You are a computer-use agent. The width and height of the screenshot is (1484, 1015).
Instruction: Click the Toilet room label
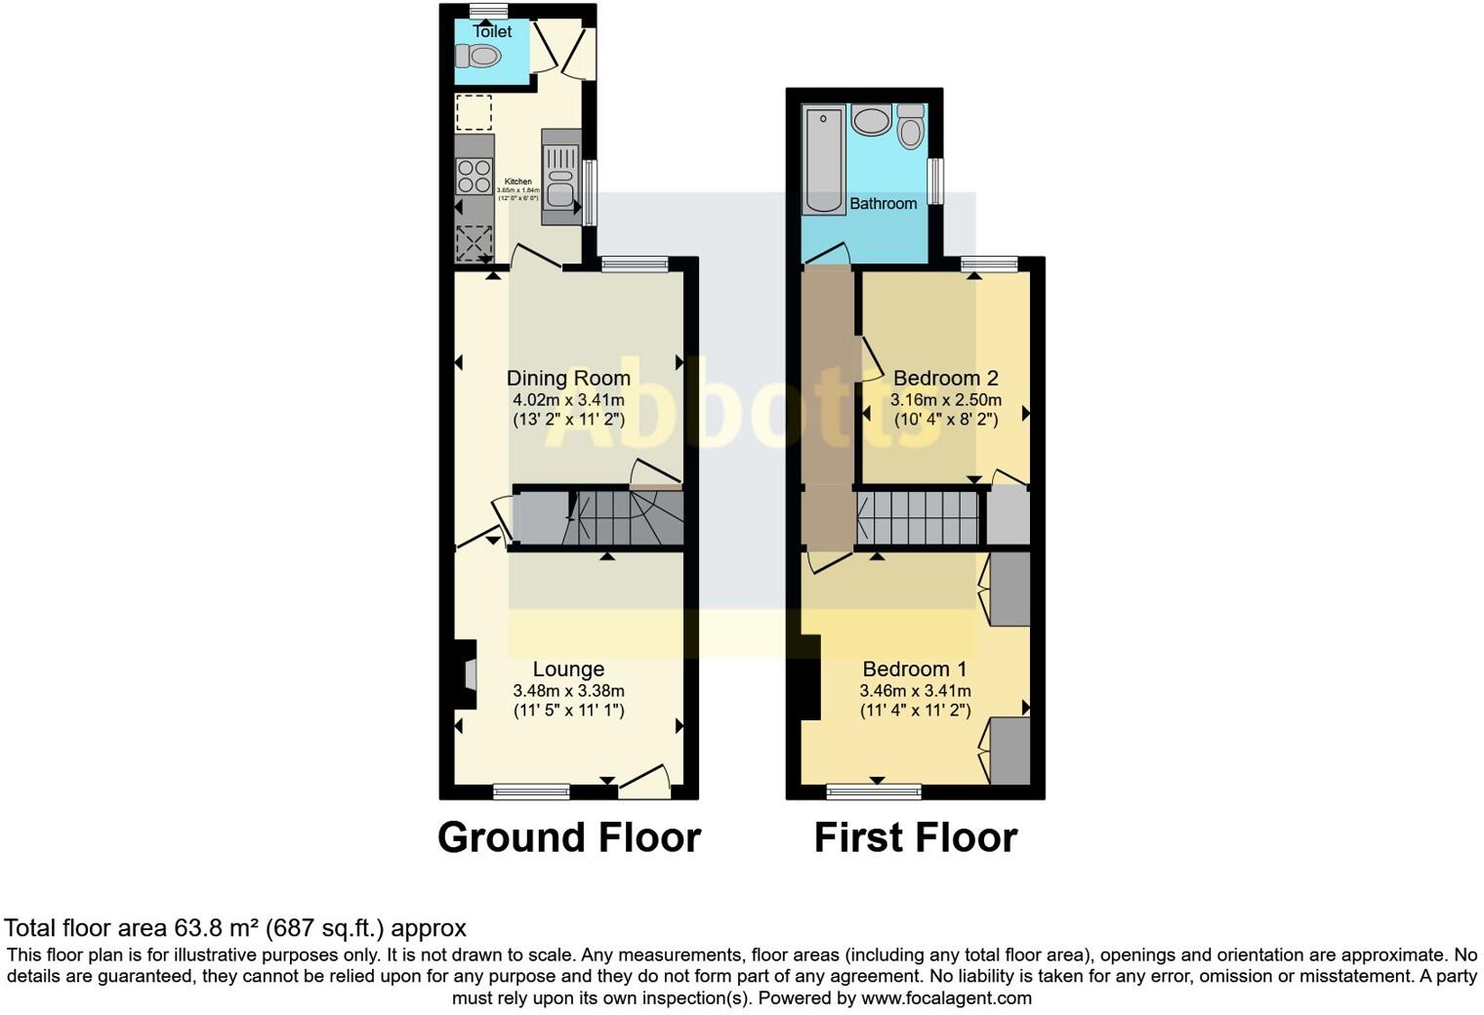tap(492, 31)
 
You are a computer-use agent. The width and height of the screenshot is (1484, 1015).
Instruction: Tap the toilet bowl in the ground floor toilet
tap(478, 58)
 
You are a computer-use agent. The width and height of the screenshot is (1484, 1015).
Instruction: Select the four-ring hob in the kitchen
tap(474, 176)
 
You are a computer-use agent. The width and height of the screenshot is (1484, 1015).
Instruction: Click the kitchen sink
tap(560, 187)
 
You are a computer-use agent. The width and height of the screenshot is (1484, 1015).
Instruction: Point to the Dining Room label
tap(568, 378)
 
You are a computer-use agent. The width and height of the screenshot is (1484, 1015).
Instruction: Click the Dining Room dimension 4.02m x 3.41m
tap(568, 399)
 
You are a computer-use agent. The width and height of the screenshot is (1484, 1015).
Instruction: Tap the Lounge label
tap(568, 669)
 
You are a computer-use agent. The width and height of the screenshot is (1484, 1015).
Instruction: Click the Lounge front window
tap(531, 791)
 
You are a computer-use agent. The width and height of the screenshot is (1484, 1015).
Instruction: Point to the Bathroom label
tap(883, 203)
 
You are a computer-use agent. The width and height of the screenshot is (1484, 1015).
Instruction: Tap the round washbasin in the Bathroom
tap(870, 121)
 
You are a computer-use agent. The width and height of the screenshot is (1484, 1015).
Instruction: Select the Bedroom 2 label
tap(945, 378)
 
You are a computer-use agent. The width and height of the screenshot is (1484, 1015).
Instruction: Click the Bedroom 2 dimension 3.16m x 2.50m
tap(945, 399)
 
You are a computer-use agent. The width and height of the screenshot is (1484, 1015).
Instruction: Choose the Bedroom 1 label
tap(915, 669)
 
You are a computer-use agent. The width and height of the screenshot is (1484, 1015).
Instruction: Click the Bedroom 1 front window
tap(874, 791)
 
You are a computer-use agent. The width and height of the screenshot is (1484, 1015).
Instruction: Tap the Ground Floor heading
tap(569, 837)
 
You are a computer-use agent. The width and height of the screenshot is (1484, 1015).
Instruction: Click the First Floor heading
tap(916, 837)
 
